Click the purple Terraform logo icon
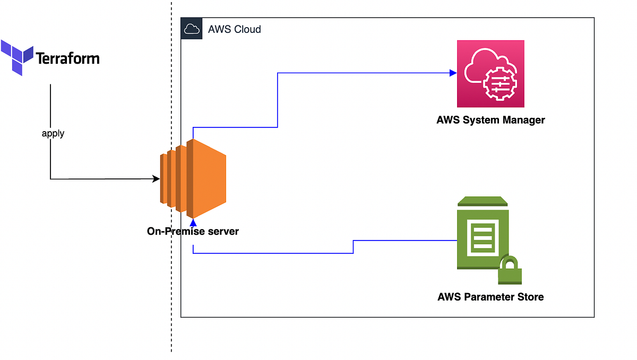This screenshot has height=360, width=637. [18, 57]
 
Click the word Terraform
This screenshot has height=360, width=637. [67, 57]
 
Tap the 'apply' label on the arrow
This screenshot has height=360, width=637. [53, 133]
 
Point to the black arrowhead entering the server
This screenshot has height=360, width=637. [157, 179]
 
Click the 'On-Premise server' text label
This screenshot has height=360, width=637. [193, 232]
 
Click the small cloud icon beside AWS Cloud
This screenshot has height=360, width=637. [191, 29]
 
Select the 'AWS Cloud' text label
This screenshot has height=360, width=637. [234, 29]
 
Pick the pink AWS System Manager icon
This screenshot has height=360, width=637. [490, 73]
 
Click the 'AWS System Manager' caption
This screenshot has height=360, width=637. [490, 120]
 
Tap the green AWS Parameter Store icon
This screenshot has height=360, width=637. [483, 234]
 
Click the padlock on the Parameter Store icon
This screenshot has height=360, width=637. [510, 271]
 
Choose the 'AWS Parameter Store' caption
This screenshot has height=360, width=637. [490, 297]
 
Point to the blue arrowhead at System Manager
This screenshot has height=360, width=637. [453, 73]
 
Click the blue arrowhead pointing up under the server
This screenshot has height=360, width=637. [193, 221]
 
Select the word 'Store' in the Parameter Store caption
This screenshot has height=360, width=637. [529, 297]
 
